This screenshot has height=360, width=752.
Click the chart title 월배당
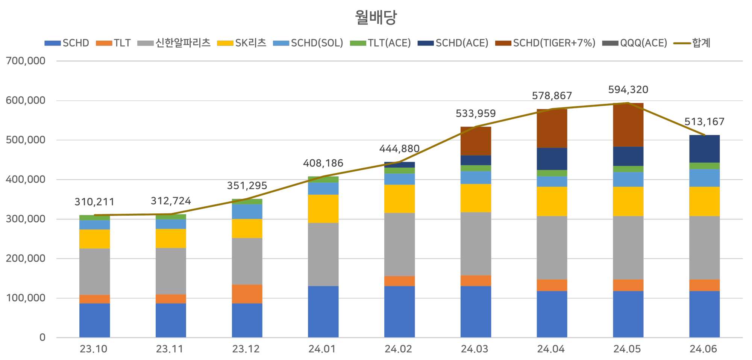376,17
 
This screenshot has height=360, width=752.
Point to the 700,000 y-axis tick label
26,61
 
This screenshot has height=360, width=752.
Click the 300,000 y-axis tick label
26,219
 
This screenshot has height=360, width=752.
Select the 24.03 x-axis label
475,349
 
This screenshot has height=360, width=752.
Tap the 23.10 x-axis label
94,349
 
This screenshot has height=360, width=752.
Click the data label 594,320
628,90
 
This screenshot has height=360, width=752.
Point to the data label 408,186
323,163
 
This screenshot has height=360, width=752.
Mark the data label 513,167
704,122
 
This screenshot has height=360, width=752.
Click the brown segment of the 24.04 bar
552,128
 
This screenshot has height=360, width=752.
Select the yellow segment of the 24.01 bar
323,209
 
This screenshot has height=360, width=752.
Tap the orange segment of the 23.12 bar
247,294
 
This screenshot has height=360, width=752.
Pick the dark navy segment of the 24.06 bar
704,149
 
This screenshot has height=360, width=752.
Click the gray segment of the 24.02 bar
399,244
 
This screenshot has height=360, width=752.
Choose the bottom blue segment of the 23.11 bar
171,320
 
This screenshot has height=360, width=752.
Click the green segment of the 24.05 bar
628,169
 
